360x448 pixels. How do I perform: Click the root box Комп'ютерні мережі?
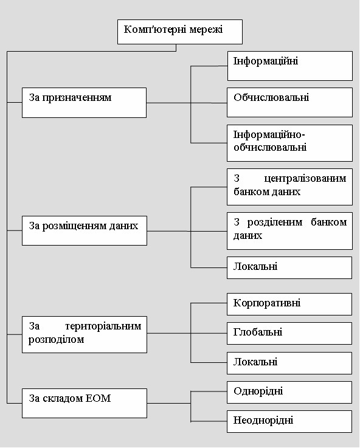(x=180, y=32)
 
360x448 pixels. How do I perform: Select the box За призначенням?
(x=84, y=103)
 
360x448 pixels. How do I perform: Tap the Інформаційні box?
(x=289, y=66)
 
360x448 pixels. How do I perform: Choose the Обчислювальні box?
(x=289, y=102)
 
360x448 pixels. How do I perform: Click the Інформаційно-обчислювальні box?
(x=289, y=143)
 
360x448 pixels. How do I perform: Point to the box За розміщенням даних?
(x=85, y=230)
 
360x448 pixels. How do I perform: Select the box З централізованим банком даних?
(x=289, y=187)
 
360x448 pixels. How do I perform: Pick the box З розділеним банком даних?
(x=289, y=231)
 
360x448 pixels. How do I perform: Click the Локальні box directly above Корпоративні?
(x=289, y=267)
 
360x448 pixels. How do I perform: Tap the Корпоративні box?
(x=289, y=305)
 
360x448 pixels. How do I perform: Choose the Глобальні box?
(x=289, y=334)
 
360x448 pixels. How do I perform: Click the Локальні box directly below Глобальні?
(x=289, y=363)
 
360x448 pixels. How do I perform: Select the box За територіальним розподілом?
(x=85, y=334)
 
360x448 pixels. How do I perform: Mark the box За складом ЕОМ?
(x=85, y=403)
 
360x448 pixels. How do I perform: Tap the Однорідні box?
(x=289, y=392)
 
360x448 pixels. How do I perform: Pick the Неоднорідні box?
(x=289, y=421)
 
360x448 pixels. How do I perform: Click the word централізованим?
(x=305, y=179)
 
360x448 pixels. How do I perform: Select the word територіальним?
(x=103, y=326)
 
